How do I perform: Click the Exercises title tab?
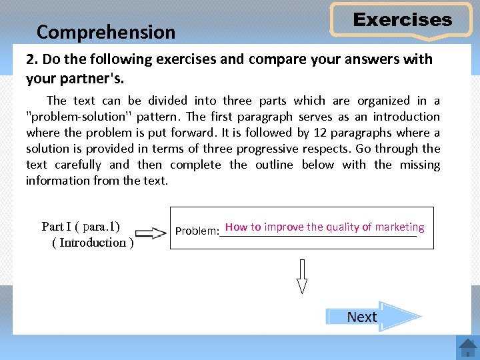pyautogui.click(x=402, y=20)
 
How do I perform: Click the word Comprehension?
pyautogui.click(x=106, y=32)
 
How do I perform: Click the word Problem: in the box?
pyautogui.click(x=197, y=231)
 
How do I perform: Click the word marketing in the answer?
pyautogui.click(x=399, y=227)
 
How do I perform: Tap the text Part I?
pyautogui.click(x=56, y=226)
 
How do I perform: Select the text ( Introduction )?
pyautogui.click(x=93, y=243)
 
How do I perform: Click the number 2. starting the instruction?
pyautogui.click(x=31, y=59)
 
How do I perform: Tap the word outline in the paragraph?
pyautogui.click(x=276, y=165)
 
